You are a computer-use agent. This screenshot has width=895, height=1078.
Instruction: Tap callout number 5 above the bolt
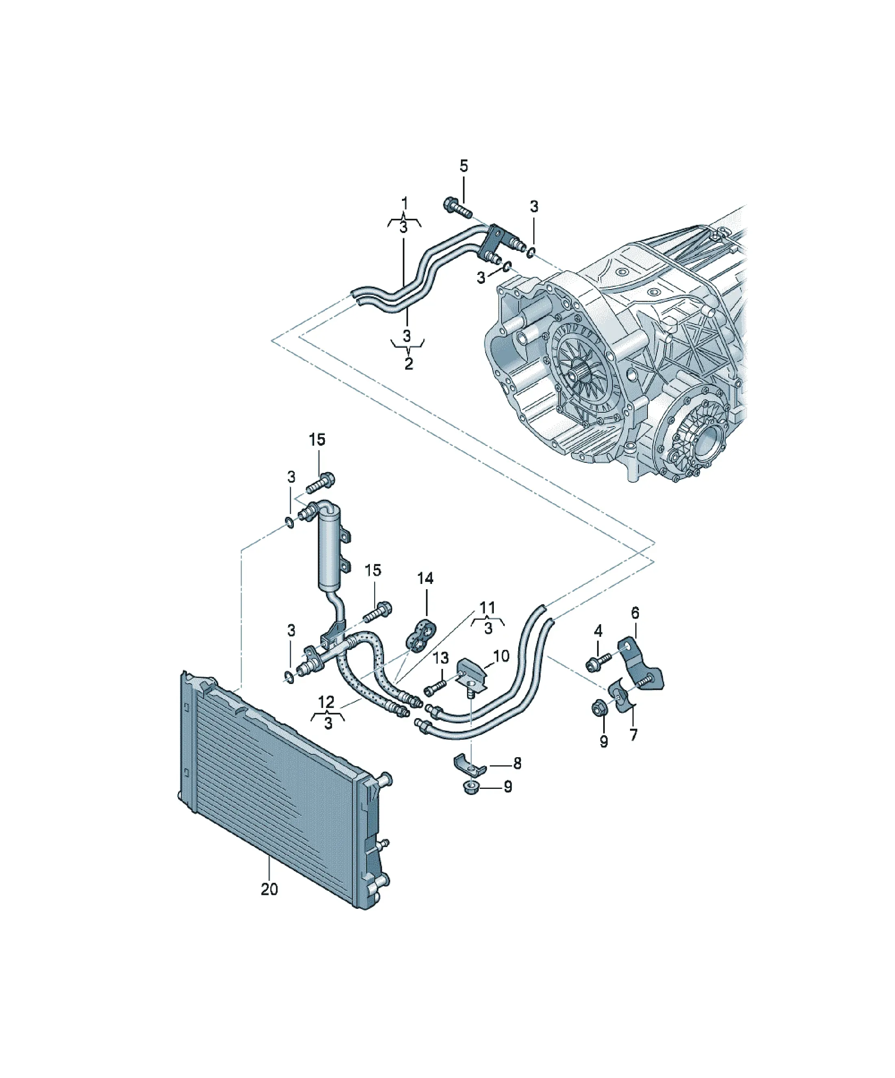tap(463, 166)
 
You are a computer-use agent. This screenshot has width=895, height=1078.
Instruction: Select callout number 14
tap(425, 579)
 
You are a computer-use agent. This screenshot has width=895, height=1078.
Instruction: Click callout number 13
tap(440, 658)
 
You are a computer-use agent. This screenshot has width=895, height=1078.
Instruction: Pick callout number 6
tap(635, 612)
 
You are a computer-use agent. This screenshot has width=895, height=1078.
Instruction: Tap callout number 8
tap(517, 778)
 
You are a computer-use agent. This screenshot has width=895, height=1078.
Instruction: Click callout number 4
tap(598, 631)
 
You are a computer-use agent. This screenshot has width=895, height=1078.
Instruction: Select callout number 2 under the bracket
tap(408, 364)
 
